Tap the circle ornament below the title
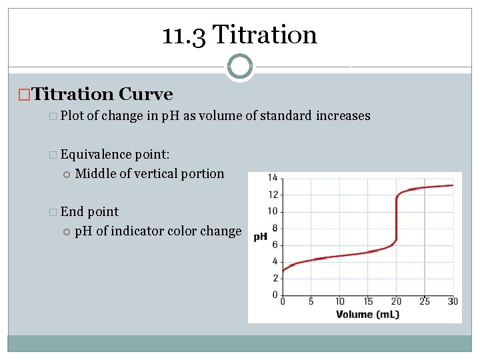(239, 67)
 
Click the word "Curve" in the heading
(147, 95)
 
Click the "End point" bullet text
(89, 211)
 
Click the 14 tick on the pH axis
(273, 177)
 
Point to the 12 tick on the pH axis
(273, 195)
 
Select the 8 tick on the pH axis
(274, 228)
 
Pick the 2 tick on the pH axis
(274, 278)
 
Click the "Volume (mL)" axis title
(367, 314)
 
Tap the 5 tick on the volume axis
(311, 302)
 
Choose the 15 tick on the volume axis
(368, 302)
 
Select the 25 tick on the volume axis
(425, 302)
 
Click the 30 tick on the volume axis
(453, 302)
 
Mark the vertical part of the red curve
(396, 220)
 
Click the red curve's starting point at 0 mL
(283, 271)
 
